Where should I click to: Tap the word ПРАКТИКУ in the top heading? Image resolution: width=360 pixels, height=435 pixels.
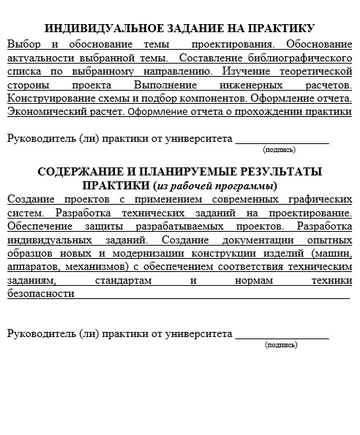(x=280, y=29)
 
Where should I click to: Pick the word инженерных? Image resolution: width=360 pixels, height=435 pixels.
(x=253, y=85)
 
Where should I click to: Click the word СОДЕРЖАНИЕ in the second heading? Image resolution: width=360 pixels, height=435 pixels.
(x=80, y=172)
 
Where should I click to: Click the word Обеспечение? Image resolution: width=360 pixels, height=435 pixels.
(x=37, y=226)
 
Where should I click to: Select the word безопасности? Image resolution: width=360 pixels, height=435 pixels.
(x=41, y=294)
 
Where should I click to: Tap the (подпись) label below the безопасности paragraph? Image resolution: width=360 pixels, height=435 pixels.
(x=281, y=344)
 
